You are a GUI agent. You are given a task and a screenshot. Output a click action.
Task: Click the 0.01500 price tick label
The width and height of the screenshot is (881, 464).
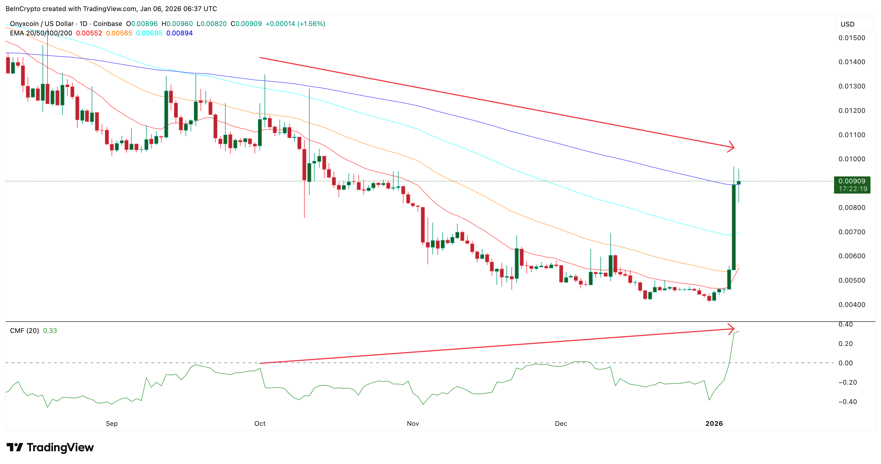point(852,38)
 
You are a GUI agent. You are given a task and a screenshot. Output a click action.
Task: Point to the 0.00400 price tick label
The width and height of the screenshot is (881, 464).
point(852,304)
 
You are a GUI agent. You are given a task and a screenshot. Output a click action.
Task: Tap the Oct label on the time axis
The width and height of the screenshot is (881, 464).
point(260,423)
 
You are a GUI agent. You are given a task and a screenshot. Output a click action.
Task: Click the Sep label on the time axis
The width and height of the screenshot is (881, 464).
point(112,423)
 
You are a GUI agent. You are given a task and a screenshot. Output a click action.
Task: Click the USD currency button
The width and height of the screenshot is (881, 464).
point(848,24)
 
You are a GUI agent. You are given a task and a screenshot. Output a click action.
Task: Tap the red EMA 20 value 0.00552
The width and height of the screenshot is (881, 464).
point(89,33)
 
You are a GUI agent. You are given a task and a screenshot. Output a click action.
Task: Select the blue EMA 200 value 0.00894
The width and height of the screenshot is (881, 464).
point(179,33)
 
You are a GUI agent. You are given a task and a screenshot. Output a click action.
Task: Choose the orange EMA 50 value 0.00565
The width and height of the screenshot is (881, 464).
point(119,33)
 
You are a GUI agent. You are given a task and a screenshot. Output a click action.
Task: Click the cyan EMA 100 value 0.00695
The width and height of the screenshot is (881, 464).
point(149,33)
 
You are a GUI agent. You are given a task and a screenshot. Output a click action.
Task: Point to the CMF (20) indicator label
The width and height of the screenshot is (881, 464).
point(24,330)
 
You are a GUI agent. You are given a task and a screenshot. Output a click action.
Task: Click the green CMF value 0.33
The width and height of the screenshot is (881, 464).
point(50,330)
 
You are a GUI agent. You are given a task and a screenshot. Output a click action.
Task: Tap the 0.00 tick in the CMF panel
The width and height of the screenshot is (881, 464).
point(845,363)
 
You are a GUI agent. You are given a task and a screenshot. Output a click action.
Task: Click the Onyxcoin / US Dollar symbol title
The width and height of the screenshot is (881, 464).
point(42,24)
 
